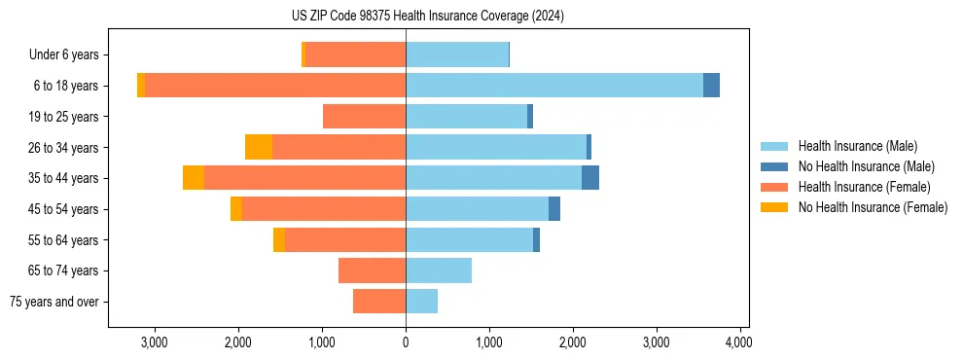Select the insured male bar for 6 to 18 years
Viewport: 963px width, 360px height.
pyautogui.click(x=554, y=86)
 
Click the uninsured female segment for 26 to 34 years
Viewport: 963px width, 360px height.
pyautogui.click(x=259, y=147)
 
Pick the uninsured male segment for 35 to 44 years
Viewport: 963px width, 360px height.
pyautogui.click(x=590, y=178)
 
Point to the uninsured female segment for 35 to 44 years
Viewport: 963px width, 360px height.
pyautogui.click(x=194, y=178)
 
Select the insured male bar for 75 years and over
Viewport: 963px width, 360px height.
pyautogui.click(x=422, y=302)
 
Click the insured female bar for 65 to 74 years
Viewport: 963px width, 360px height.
pyautogui.click(x=373, y=270)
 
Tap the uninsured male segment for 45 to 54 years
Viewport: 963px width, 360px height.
pyautogui.click(x=554, y=209)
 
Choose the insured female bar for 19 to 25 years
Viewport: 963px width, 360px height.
pyautogui.click(x=365, y=117)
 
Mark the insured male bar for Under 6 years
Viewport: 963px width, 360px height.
pyautogui.click(x=457, y=54)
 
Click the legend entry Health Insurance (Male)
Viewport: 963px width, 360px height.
pyautogui.click(x=857, y=146)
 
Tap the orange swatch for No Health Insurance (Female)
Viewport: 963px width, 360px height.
pyautogui.click(x=775, y=207)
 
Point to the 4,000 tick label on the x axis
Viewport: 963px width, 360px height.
pyautogui.click(x=739, y=342)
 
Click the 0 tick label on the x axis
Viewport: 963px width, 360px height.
pyautogui.click(x=406, y=342)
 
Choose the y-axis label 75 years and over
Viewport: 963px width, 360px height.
pyautogui.click(x=54, y=302)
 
